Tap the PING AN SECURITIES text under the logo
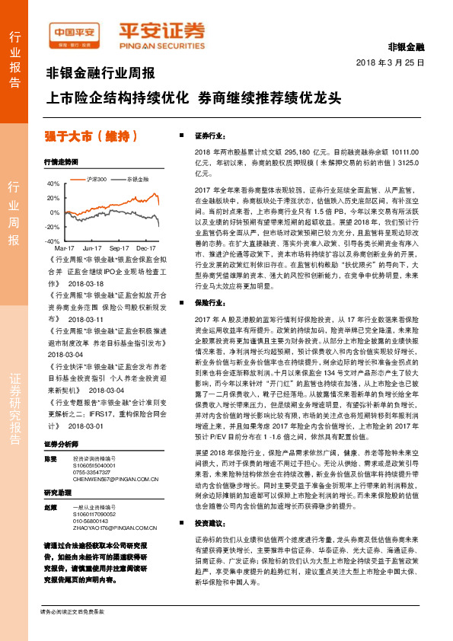click(x=161, y=43)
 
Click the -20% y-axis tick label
click(x=53, y=227)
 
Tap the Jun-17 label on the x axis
click(x=92, y=248)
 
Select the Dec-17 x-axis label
click(x=147, y=248)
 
